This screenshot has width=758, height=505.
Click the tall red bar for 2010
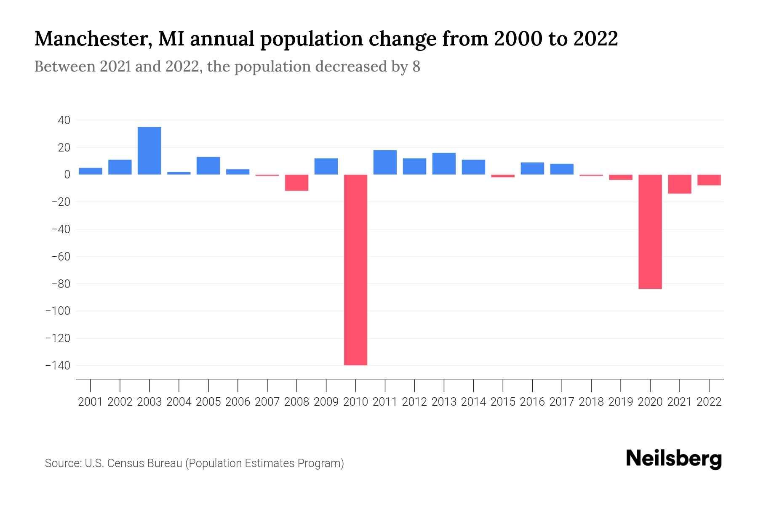click(355, 269)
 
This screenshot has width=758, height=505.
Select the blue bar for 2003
click(149, 151)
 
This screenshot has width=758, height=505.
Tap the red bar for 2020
click(650, 231)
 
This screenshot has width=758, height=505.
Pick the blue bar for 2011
click(385, 162)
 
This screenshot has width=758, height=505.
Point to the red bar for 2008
click(296, 183)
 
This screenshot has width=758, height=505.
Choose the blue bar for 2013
click(444, 164)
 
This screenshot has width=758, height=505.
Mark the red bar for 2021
click(679, 184)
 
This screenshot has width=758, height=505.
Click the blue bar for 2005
click(208, 165)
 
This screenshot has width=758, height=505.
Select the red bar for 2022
click(709, 180)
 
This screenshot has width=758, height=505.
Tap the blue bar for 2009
click(326, 166)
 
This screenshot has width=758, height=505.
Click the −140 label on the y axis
click(58, 365)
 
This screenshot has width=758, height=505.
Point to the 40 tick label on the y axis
click(64, 120)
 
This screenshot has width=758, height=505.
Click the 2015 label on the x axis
click(503, 402)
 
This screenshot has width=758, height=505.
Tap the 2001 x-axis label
click(91, 402)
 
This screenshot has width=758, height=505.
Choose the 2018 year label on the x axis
click(591, 402)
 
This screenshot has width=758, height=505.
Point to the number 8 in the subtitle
click(416, 67)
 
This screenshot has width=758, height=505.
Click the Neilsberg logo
click(674, 459)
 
